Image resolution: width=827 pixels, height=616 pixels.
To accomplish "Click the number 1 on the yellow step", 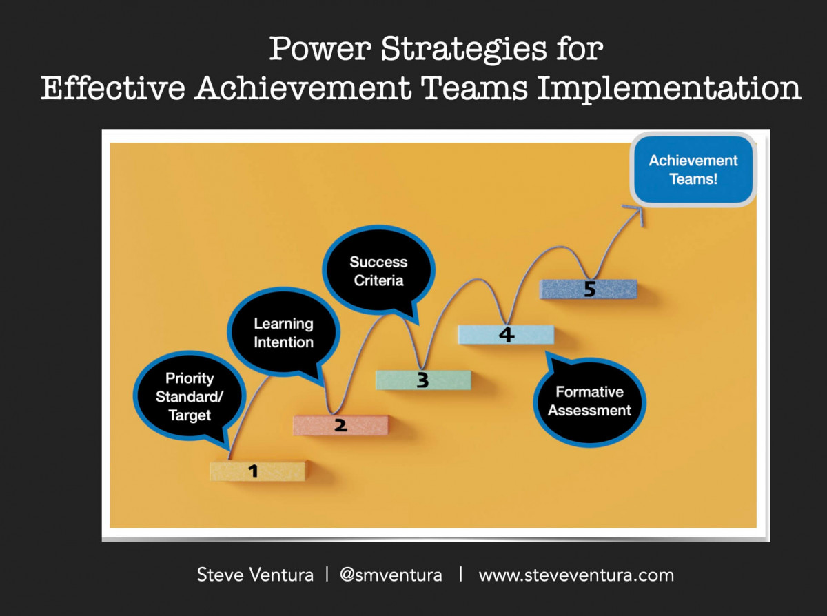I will click(x=253, y=471).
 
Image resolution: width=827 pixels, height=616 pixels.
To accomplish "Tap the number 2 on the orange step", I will click(x=340, y=425).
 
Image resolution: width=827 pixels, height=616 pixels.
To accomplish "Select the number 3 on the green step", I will click(x=422, y=380).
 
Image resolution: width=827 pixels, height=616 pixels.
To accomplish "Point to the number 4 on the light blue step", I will click(x=506, y=335).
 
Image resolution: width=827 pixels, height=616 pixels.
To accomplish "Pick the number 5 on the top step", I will click(x=589, y=289).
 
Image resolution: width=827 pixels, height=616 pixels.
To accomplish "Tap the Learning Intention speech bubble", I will click(x=283, y=333).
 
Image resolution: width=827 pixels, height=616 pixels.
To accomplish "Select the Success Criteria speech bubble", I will click(x=378, y=271).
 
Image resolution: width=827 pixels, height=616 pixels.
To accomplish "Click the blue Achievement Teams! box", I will click(x=693, y=170).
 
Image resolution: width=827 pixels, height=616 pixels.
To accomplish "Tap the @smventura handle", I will click(x=391, y=575).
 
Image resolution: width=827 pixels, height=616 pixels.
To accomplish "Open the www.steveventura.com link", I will click(x=576, y=575).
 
